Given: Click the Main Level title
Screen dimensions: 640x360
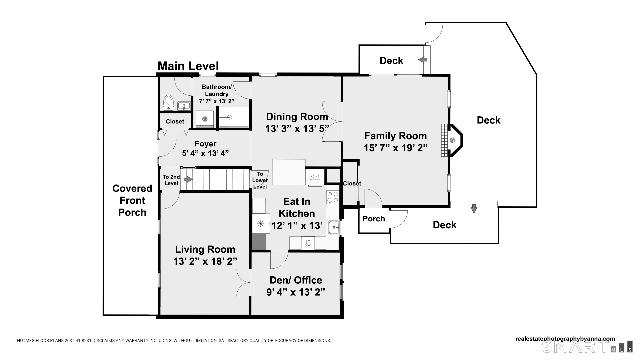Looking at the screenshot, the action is [188, 66].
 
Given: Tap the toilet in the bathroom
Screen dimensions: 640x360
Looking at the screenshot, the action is [168, 103].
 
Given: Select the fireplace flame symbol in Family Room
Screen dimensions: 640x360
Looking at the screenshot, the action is [452, 140].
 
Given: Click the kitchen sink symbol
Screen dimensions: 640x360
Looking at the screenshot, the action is [333, 227].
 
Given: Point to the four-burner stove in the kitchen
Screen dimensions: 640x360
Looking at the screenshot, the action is [332, 197].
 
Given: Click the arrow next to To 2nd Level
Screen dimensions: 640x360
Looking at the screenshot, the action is [188, 180].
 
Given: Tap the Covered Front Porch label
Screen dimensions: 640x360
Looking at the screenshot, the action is [132, 200].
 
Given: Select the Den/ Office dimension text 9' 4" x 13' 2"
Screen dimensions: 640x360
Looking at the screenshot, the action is [296, 292].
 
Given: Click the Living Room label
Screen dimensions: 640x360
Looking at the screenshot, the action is [205, 249].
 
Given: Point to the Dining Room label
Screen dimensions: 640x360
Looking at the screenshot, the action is [297, 117].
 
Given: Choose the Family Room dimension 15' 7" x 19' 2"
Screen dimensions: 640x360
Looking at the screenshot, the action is [396, 148].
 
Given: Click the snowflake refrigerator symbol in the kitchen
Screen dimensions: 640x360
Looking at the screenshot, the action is [260, 224].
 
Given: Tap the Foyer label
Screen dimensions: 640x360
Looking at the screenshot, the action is [205, 144].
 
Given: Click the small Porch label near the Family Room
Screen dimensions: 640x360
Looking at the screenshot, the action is [374, 219].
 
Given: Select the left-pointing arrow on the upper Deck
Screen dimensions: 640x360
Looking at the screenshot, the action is [423, 60].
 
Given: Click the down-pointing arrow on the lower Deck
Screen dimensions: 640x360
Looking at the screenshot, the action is [474, 208].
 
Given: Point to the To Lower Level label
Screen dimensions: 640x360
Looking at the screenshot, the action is [260, 180].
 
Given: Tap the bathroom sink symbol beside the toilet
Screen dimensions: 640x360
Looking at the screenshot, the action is [184, 106].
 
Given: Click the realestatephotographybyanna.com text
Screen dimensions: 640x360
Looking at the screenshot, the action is [565, 339].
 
